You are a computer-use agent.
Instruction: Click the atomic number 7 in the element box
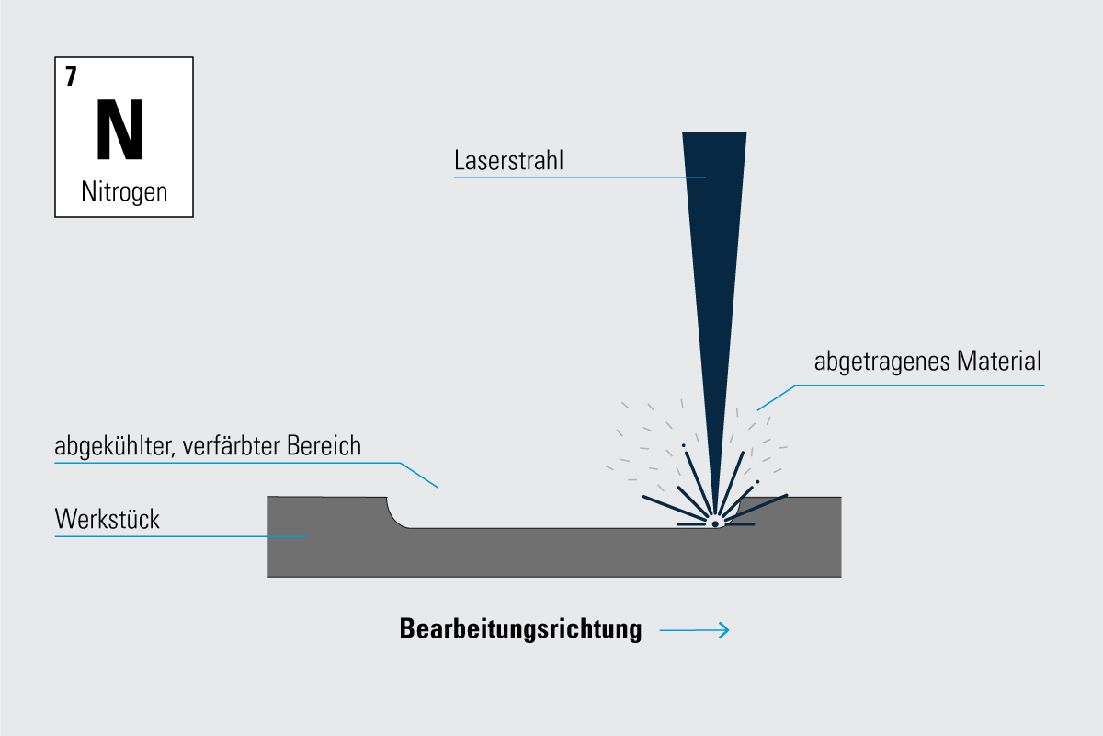click(71, 76)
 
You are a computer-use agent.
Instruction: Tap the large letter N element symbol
click(120, 129)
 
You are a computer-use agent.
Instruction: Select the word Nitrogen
click(124, 191)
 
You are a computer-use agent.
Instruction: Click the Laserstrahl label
click(508, 160)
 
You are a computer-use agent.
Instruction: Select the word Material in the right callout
click(998, 361)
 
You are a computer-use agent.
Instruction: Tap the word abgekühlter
click(115, 446)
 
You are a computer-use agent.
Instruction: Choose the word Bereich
click(324, 445)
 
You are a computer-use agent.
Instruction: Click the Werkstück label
click(108, 519)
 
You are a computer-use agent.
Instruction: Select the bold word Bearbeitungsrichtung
click(520, 629)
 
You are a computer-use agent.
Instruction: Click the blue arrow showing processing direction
click(694, 630)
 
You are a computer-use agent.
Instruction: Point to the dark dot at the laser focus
click(715, 524)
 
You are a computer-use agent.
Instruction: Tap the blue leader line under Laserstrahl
click(580, 178)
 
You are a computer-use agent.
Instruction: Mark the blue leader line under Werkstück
click(180, 536)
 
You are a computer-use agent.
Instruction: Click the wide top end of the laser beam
click(714, 133)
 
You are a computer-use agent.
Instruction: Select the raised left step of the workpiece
click(327, 512)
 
